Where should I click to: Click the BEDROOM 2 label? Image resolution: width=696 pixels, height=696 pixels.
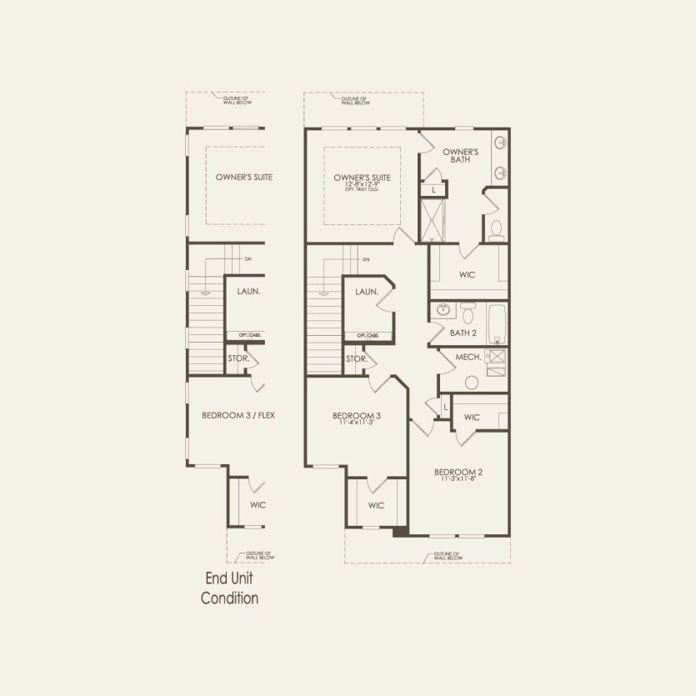coord(458,472)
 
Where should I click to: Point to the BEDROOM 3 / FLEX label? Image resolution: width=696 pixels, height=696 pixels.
coord(238,415)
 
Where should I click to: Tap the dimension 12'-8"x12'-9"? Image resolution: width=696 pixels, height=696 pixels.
coord(362,184)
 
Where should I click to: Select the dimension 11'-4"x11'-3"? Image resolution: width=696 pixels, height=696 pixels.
coord(356,423)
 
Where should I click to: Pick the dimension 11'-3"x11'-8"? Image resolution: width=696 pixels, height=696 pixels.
coord(458,479)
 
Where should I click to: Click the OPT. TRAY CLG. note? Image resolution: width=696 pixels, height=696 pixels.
coord(362,190)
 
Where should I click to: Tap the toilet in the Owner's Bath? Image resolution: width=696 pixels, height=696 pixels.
coord(496,229)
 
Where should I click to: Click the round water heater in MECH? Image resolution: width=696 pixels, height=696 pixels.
coord(472,383)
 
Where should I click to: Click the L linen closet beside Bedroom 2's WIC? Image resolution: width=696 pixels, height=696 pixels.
coord(446,407)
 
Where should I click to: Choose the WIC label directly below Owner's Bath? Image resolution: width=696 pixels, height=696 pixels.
coord(467,275)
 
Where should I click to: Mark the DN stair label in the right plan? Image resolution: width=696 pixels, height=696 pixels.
coord(366,260)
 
